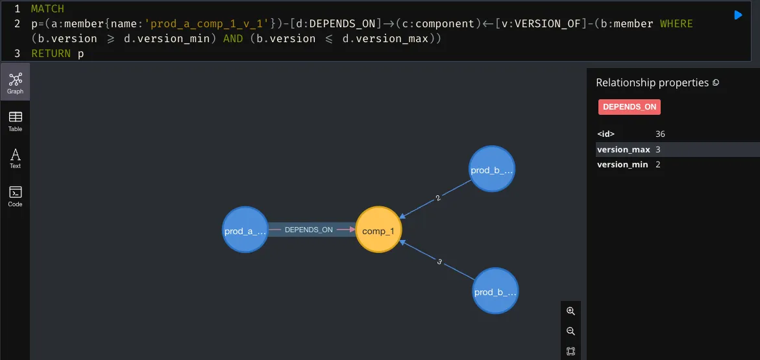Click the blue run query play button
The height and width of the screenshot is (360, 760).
(738, 15)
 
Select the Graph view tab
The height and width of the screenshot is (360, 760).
(16, 82)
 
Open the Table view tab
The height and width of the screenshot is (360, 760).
(16, 120)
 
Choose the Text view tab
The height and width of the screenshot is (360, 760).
(16, 158)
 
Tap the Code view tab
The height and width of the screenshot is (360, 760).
(16, 195)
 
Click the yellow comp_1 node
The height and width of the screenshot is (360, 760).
(378, 230)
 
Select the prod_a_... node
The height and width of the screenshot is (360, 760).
(245, 230)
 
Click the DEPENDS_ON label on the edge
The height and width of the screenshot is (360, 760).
(308, 230)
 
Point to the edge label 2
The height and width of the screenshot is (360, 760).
(438, 198)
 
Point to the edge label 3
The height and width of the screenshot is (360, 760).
(439, 262)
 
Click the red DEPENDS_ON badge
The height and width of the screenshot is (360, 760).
(629, 107)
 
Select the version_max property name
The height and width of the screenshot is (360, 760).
(623, 150)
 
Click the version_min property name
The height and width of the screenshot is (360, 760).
(622, 165)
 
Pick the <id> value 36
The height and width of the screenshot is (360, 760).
(660, 134)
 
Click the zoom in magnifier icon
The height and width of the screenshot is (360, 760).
(570, 311)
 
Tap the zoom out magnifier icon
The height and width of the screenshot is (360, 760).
(570, 331)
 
